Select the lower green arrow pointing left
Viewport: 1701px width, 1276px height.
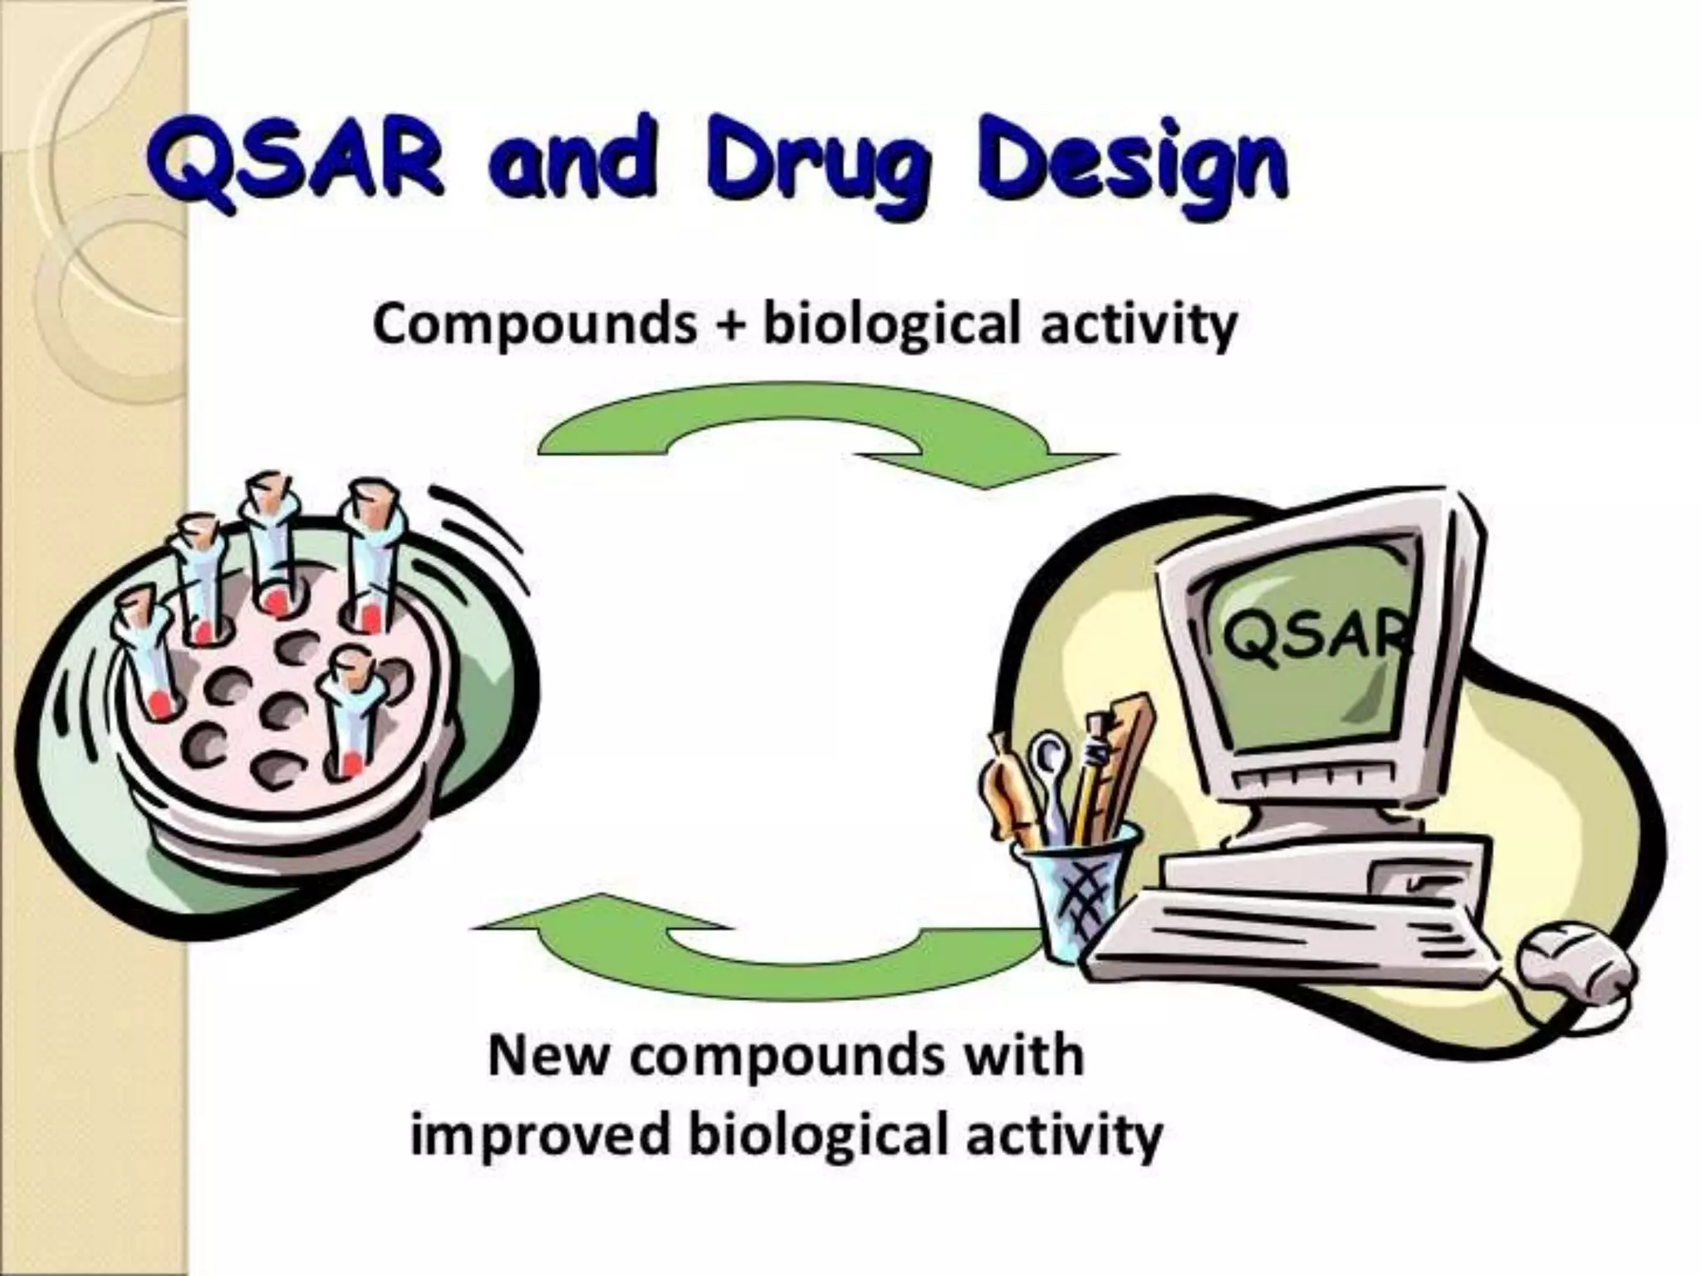[748, 947]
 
